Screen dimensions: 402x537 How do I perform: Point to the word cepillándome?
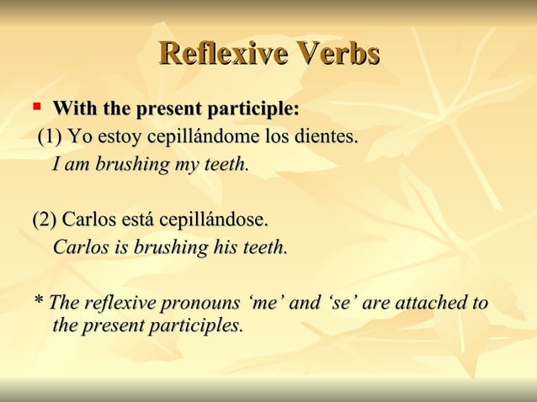point(202,136)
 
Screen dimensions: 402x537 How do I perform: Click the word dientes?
point(324,136)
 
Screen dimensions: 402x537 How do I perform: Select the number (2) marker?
point(45,220)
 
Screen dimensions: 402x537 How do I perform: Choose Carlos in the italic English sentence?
point(81,248)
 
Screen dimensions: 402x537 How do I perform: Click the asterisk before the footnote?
point(38,302)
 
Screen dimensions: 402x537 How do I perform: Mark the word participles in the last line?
point(199,325)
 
